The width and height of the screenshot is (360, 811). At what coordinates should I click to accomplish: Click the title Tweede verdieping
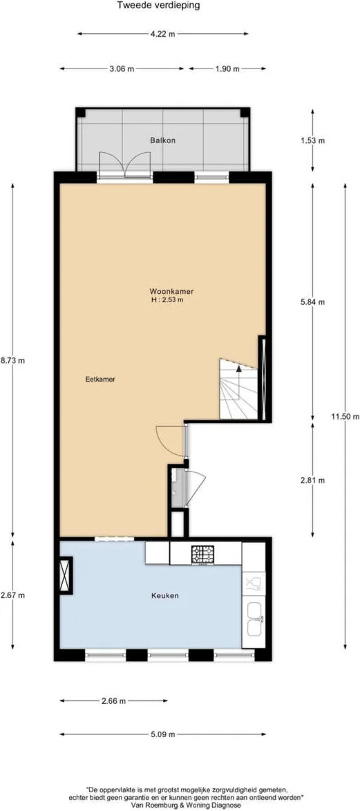(158, 6)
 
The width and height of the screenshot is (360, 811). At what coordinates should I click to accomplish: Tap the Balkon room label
(160, 140)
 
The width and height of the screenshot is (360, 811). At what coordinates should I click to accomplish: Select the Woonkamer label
(172, 291)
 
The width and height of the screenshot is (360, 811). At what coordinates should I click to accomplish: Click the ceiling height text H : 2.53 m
(167, 299)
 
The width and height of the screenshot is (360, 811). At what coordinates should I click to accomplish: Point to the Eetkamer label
(100, 379)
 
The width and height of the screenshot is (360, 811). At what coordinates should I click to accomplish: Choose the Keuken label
(165, 595)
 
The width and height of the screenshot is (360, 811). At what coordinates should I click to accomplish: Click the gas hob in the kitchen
(202, 554)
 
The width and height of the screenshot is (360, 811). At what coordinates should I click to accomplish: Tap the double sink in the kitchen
(254, 618)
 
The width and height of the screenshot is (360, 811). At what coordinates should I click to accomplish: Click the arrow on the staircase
(238, 369)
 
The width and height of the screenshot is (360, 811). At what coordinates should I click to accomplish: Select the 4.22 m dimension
(162, 34)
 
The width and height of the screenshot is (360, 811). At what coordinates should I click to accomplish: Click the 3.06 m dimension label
(121, 68)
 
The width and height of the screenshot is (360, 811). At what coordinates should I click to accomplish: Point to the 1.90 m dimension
(227, 68)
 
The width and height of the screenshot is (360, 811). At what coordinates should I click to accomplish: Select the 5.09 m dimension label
(162, 734)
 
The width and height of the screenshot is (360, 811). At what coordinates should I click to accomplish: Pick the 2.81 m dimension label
(312, 480)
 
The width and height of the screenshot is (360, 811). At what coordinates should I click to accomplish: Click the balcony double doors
(124, 165)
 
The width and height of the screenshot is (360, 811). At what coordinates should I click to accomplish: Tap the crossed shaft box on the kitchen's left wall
(66, 575)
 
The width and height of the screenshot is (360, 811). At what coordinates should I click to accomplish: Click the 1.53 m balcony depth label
(312, 140)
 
